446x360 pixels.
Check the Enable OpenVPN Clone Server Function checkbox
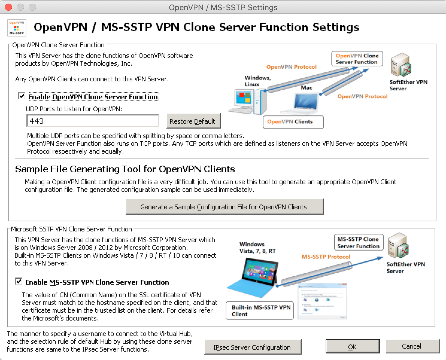[22, 96]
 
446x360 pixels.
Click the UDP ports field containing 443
[92, 121]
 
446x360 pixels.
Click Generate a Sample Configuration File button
[224, 207]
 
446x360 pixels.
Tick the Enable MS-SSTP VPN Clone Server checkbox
[19, 281]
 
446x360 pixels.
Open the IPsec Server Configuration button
[252, 347]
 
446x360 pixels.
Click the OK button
[352, 347]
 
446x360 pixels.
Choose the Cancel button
[412, 346]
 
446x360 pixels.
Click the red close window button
[8, 7]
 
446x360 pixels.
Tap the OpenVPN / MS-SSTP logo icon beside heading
[17, 28]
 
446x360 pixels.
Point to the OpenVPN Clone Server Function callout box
[357, 59]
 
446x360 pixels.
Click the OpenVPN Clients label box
[293, 122]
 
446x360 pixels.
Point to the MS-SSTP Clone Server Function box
[358, 242]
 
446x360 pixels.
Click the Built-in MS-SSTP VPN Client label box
[260, 311]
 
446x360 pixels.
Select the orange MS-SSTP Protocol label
[326, 257]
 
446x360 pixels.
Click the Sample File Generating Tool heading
[125, 169]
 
